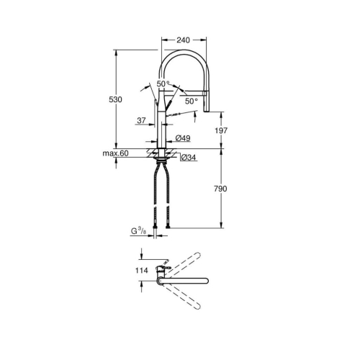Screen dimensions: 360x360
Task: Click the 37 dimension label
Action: click(141, 120)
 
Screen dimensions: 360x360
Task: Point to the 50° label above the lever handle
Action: click(163, 84)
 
